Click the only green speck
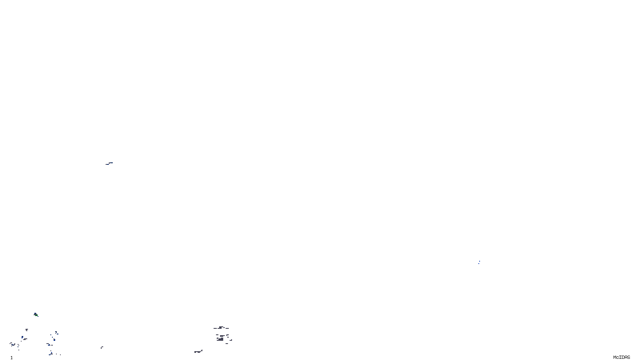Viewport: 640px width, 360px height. (x=36, y=315)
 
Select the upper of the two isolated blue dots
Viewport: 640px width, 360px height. (x=480, y=261)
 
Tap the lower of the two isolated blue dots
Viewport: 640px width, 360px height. (x=479, y=264)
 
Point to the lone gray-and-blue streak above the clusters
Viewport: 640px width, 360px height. (x=109, y=163)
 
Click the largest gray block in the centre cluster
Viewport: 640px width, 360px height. (x=221, y=339)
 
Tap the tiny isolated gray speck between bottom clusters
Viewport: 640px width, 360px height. (x=102, y=347)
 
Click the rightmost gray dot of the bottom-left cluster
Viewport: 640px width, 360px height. (x=60, y=355)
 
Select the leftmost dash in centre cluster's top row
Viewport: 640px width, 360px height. (x=215, y=328)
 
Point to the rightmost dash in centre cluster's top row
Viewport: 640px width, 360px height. (x=227, y=328)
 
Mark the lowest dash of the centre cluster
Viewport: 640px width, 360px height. (x=227, y=344)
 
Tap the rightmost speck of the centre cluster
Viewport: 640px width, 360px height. (x=231, y=340)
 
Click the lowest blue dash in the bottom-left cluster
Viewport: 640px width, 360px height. (x=50, y=355)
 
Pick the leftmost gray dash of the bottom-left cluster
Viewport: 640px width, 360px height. (x=11, y=343)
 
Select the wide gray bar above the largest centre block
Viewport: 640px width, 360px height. (x=222, y=336)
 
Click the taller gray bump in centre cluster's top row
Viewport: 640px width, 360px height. (x=220, y=327)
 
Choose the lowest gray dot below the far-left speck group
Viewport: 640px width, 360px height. (x=19, y=350)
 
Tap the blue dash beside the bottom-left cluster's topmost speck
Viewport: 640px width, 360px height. (x=58, y=334)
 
